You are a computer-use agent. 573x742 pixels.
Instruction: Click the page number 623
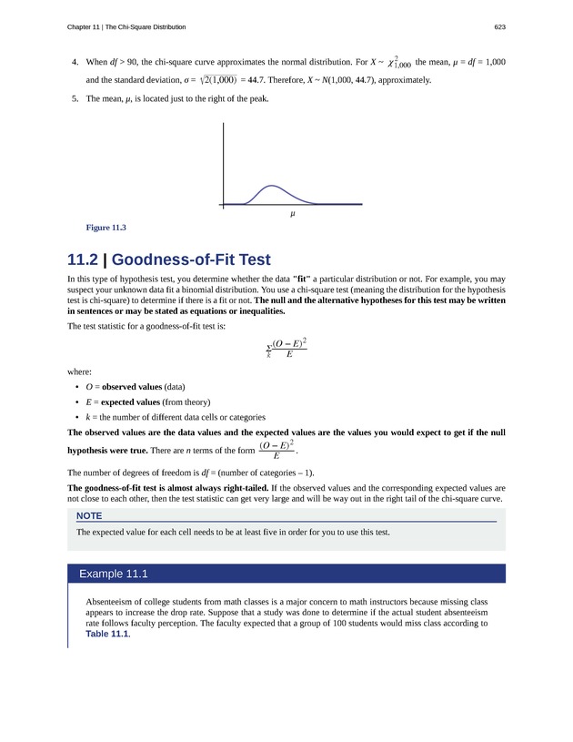point(499,26)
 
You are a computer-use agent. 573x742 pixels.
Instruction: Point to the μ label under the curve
point(293,214)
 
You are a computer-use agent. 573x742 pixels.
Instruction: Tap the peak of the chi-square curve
point(270,186)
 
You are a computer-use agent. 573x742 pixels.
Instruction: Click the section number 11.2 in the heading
point(85,259)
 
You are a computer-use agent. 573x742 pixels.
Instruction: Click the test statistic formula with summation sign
point(286,348)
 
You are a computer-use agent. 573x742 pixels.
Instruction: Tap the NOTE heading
point(89,515)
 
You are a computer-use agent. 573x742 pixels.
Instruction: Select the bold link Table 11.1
point(107,635)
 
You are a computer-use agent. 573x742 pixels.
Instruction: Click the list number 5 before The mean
point(75,98)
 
